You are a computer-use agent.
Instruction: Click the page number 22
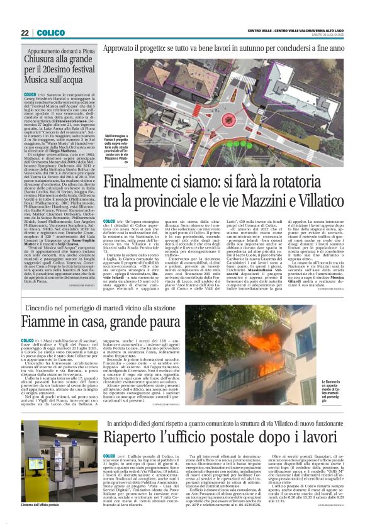coord(25,32)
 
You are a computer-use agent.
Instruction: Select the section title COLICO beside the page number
coord(51,32)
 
